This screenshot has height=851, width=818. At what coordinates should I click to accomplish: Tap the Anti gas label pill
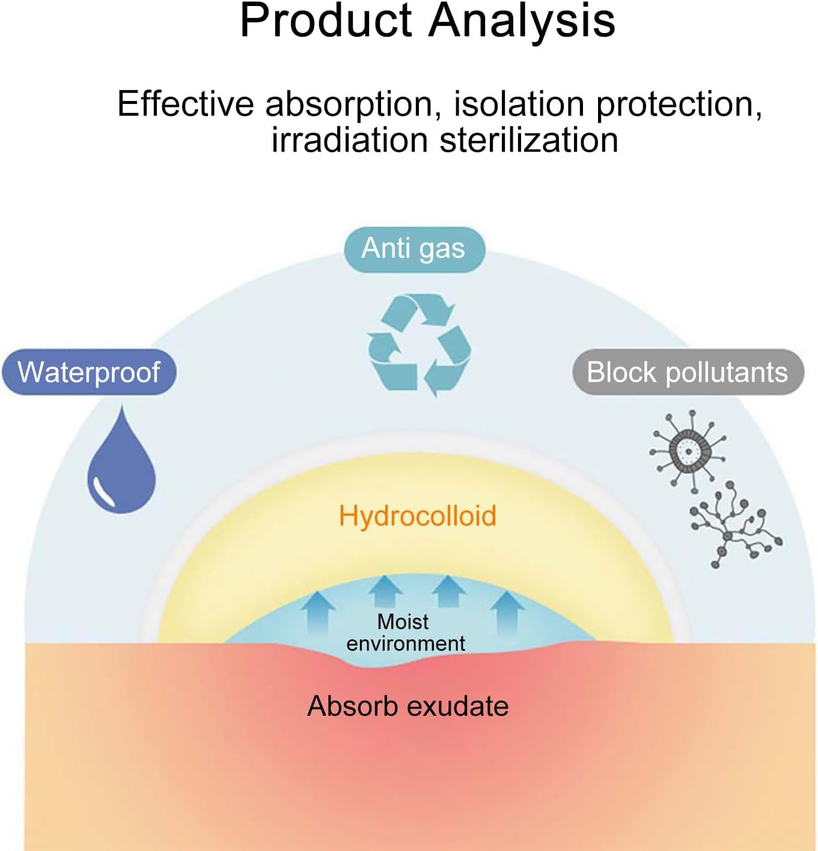pyautogui.click(x=414, y=249)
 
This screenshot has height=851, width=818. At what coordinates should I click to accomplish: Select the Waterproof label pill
pyautogui.click(x=89, y=372)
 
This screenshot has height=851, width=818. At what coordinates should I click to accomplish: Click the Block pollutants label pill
pyautogui.click(x=687, y=372)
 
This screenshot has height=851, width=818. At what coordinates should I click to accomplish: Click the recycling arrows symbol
pyautogui.click(x=419, y=344)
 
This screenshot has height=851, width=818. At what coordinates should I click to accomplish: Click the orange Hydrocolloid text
pyautogui.click(x=418, y=516)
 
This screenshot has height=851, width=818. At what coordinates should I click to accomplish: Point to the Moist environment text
pyautogui.click(x=404, y=632)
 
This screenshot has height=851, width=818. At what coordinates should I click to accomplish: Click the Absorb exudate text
pyautogui.click(x=407, y=706)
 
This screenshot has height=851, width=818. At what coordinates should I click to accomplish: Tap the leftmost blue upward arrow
pyautogui.click(x=318, y=610)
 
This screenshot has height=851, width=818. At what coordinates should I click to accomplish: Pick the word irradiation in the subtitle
pyautogui.click(x=349, y=141)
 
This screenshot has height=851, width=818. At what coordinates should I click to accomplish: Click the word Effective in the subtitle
pyautogui.click(x=185, y=104)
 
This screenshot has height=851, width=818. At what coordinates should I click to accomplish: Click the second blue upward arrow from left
pyautogui.click(x=385, y=592)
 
